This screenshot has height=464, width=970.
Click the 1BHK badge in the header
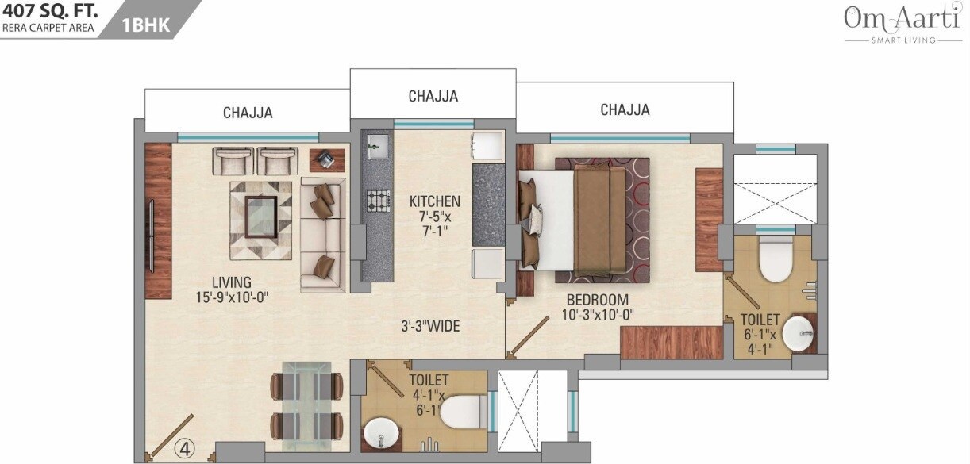point(146,25)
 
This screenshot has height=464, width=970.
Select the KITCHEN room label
point(434,201)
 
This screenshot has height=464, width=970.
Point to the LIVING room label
point(232,282)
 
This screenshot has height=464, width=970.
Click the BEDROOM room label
point(597,301)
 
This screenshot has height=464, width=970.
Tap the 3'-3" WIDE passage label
point(429,326)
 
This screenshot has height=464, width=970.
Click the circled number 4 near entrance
point(184,448)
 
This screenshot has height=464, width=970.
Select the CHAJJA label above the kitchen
point(433,96)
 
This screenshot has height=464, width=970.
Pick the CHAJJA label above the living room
point(248,113)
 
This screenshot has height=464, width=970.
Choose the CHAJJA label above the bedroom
point(625,109)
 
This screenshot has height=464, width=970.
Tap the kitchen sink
point(376,146)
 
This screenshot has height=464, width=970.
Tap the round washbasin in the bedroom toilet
point(798,334)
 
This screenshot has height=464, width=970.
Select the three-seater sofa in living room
point(322,236)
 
